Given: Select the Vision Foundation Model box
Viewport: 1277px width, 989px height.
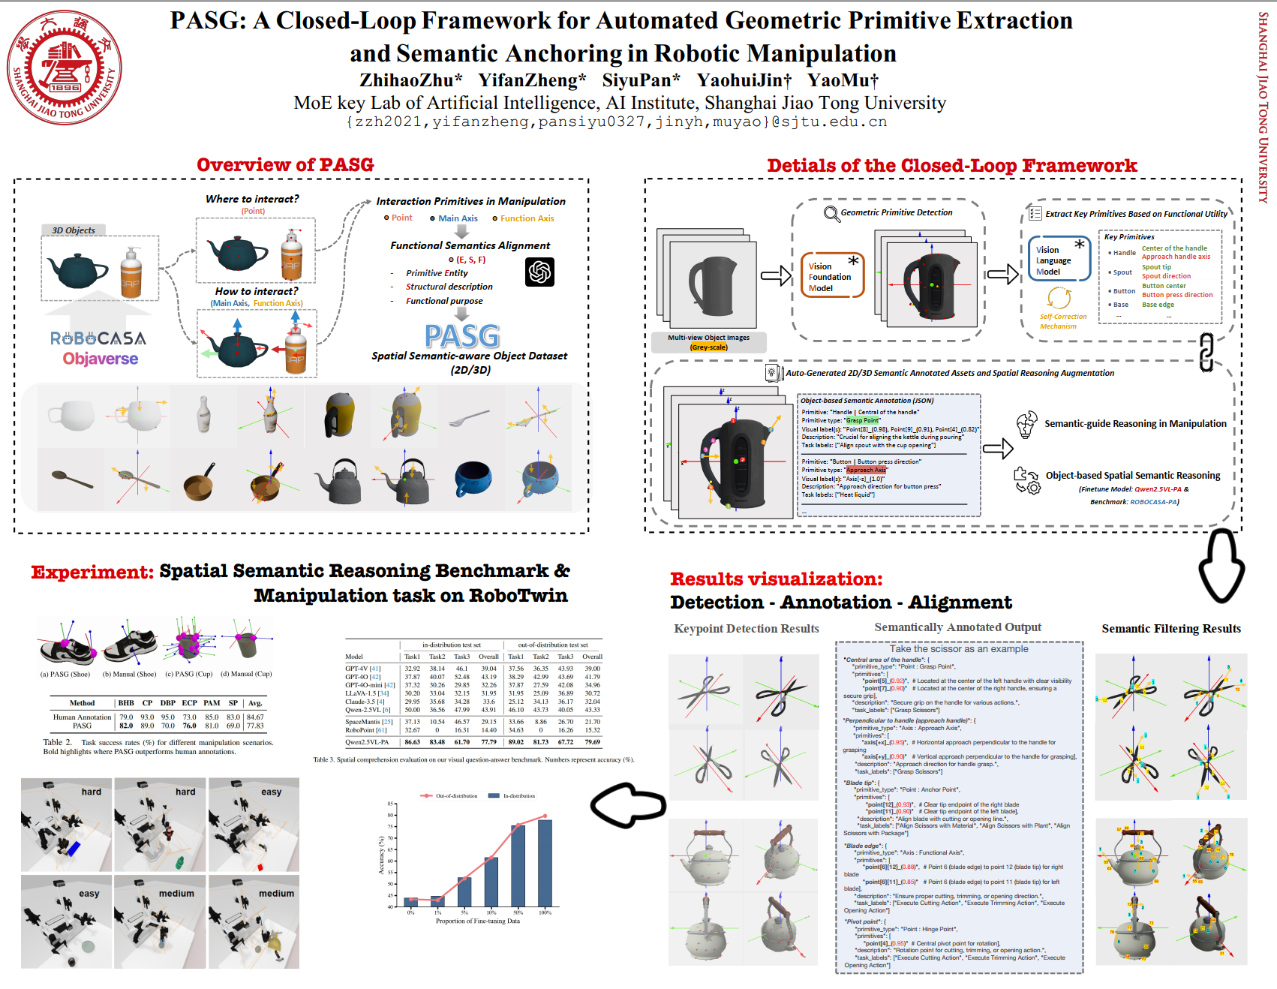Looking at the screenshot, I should (x=832, y=276).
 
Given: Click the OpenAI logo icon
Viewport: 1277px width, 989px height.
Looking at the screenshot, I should (x=540, y=272).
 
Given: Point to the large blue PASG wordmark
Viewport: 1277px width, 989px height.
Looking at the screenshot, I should (x=462, y=336).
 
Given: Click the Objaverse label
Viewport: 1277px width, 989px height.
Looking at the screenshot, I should (x=101, y=359).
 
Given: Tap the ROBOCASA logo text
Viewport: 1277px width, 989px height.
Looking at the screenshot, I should (x=98, y=338).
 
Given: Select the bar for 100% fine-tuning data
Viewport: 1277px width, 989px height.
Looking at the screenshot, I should (x=545, y=863).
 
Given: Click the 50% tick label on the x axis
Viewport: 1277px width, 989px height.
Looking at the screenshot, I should (x=518, y=912).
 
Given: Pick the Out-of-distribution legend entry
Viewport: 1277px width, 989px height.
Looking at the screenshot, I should (x=450, y=795).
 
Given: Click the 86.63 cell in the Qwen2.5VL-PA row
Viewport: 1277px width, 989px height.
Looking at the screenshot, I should (x=413, y=742).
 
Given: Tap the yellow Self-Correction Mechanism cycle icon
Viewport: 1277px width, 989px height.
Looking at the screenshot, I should (x=1059, y=298).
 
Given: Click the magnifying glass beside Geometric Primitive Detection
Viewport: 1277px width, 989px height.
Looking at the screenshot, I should (x=831, y=214).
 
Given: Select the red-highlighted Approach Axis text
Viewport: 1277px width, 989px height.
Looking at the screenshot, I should (x=866, y=470).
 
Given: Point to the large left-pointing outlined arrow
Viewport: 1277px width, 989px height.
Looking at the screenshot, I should (x=628, y=805).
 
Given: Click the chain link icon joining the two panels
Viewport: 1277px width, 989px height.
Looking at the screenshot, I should (x=1206, y=352).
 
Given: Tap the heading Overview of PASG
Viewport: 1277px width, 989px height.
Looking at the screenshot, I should (x=285, y=165).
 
